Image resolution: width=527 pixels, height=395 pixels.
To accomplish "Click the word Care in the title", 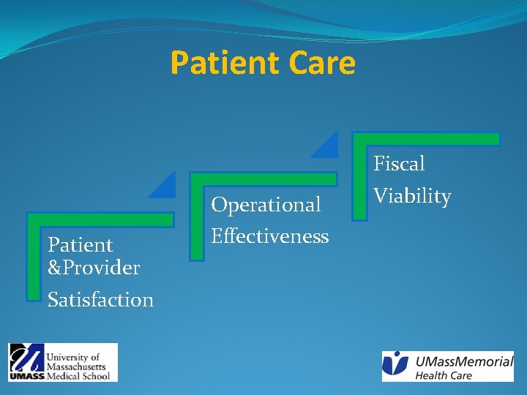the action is (322, 63).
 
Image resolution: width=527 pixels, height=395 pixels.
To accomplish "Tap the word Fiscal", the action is (399, 164).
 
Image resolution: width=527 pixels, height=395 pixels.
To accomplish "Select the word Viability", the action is (412, 196).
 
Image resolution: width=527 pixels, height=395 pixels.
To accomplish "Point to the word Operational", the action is (266, 205).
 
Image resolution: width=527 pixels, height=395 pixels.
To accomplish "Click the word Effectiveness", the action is (269, 236).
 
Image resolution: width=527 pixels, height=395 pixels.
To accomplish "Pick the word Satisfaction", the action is (100, 300).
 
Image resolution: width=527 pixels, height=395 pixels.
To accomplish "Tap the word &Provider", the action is (93, 268).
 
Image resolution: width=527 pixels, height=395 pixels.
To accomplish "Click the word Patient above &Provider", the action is (80, 244).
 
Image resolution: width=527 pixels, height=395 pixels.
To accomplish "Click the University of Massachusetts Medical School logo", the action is (63, 362).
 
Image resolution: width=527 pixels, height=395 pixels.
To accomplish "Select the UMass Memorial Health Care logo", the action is (447, 366).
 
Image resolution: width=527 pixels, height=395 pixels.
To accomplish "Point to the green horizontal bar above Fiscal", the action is (426, 139).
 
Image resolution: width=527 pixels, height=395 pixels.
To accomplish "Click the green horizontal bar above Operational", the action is (263, 179).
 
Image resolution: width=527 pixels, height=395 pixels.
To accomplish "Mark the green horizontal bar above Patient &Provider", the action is (100, 219).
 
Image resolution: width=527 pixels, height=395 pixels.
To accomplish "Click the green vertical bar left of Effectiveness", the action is (196, 219).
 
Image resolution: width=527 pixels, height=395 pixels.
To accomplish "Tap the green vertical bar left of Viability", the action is (359, 180).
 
